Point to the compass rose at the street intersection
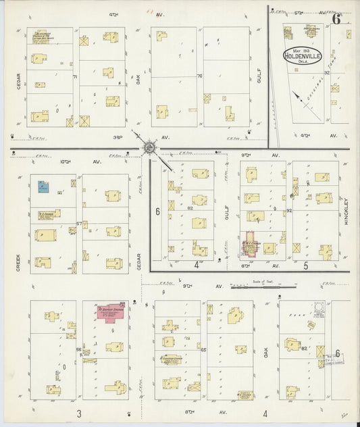point(149,147)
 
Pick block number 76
point(199,76)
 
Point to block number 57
point(79,224)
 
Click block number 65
point(203,350)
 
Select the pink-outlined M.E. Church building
point(249,247)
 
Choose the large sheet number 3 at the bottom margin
point(79,413)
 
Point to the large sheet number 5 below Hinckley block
point(305,266)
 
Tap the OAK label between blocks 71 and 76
point(139,79)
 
